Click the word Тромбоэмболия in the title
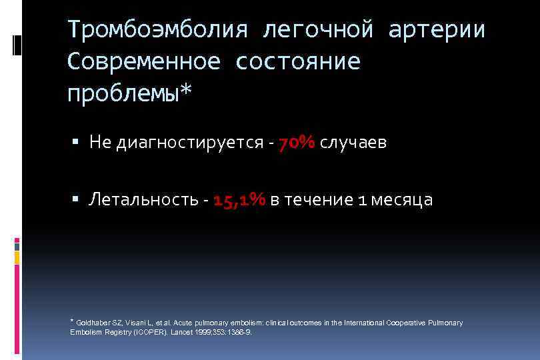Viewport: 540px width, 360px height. click(157, 30)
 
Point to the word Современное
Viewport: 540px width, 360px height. click(143, 61)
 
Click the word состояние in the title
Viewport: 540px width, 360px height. click(298, 61)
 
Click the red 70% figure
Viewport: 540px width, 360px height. click(297, 143)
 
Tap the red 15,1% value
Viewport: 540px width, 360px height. click(239, 200)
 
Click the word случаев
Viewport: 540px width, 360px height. click(353, 143)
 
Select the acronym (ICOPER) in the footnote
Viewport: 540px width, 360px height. click(151, 331)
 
